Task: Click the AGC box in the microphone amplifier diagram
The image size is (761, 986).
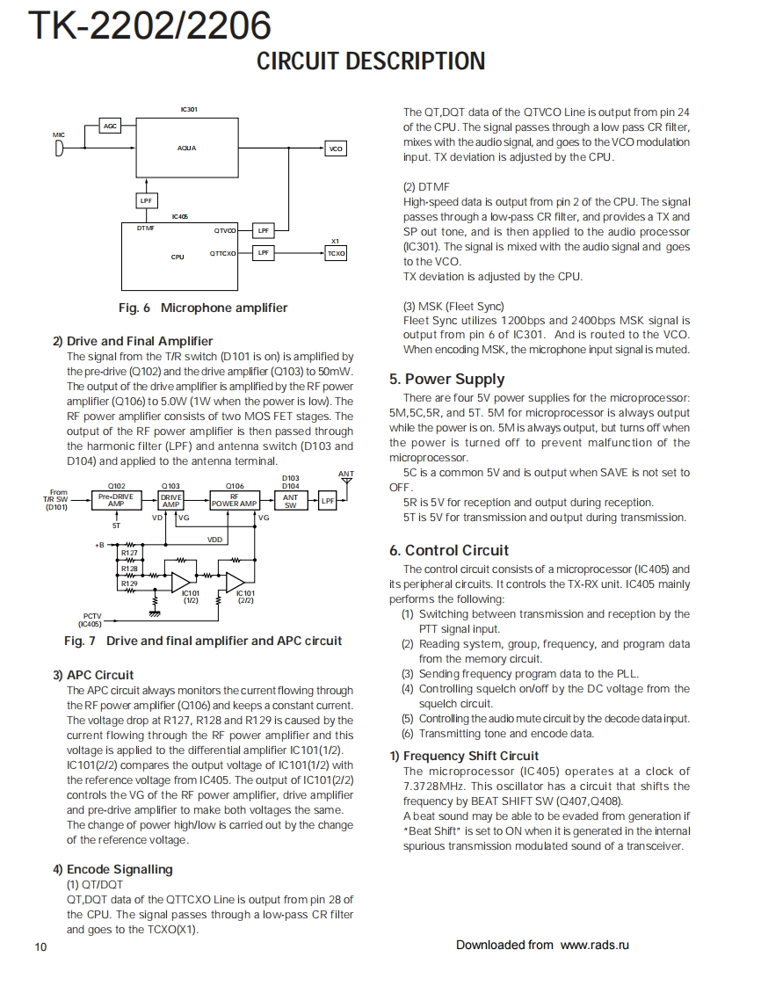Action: coord(110,127)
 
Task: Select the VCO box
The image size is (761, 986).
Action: coord(335,149)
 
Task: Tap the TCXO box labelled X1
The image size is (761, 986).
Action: coord(335,253)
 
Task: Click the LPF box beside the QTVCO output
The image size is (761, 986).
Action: coord(263,230)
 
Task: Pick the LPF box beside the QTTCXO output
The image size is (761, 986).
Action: coord(263,253)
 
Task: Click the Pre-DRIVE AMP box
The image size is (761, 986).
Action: coord(116,500)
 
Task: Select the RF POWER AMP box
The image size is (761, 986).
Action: coord(234,500)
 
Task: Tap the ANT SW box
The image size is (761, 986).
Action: coord(291,500)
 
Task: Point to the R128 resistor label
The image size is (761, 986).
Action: coord(129,569)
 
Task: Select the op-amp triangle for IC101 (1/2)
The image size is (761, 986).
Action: coord(181,581)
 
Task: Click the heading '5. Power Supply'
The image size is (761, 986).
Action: coord(446,379)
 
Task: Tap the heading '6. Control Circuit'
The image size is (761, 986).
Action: coord(449,550)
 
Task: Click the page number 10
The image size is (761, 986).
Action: coord(41,946)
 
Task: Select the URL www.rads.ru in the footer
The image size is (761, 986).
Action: coord(595,945)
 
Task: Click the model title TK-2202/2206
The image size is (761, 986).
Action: coord(149,26)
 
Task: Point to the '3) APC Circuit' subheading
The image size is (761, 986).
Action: coord(93,675)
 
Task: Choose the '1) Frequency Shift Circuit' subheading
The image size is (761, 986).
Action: coord(464,756)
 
